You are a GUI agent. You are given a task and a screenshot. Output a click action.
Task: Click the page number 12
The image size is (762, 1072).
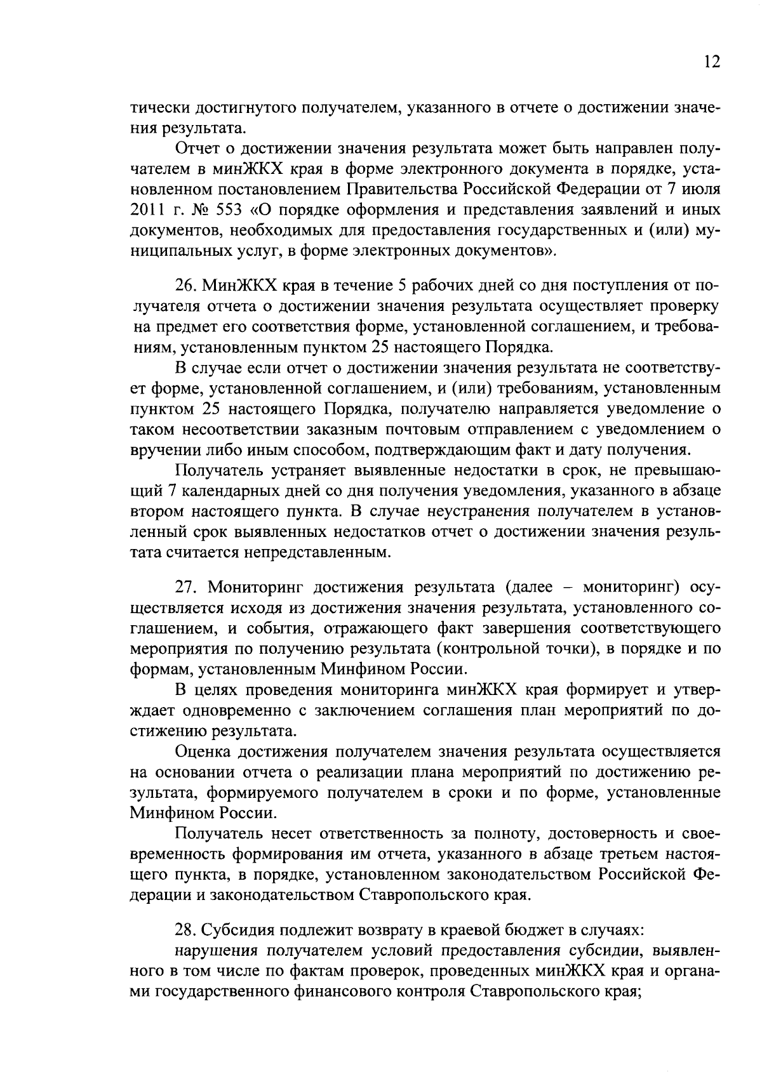(711, 62)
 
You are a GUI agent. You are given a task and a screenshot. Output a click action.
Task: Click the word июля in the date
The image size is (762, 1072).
(698, 189)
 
